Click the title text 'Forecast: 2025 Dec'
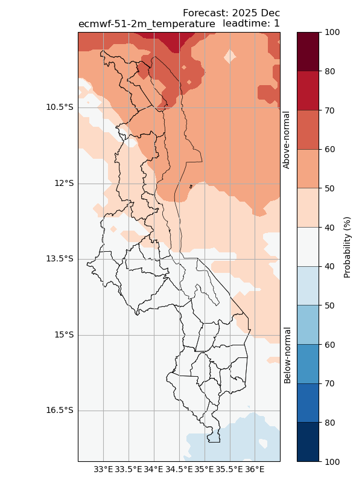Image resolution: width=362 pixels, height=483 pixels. click(x=231, y=13)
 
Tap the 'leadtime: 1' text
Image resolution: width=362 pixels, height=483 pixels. click(x=251, y=24)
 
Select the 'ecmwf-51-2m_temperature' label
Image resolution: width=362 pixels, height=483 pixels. click(x=147, y=24)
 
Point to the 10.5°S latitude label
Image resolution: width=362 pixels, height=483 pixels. click(x=60, y=107)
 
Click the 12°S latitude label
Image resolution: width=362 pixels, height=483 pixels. click(x=64, y=184)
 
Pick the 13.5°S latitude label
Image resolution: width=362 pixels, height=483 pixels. click(x=60, y=259)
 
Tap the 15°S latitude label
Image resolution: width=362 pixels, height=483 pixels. click(x=64, y=335)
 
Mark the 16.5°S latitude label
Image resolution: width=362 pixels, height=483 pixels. click(x=60, y=411)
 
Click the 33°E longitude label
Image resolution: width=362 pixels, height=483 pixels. click(x=103, y=469)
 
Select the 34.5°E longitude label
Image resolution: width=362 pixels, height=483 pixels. click(x=179, y=469)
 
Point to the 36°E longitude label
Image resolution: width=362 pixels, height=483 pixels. click(x=255, y=469)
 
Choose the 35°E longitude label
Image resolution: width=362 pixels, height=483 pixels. click(x=204, y=469)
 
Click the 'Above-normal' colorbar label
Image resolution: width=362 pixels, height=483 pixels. click(x=287, y=139)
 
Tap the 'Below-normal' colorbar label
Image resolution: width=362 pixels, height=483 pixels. click(x=288, y=355)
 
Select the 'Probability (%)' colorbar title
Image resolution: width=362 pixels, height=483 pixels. click(x=347, y=247)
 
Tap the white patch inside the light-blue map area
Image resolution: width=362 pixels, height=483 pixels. click(x=262, y=443)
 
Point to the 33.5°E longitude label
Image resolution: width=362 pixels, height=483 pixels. click(x=129, y=469)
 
